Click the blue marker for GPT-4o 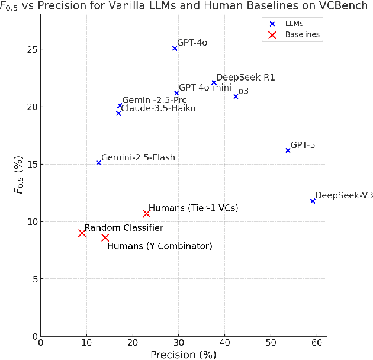tap(175, 48)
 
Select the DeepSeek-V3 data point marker tap(313, 201)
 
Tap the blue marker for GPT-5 tap(288, 150)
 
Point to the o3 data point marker tap(236, 96)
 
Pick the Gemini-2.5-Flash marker tap(98, 162)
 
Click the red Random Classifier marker tap(82, 233)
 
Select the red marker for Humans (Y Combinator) tap(105, 237)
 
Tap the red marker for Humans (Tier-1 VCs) tap(146, 213)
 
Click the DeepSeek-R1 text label tap(245, 78)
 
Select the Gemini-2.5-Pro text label tap(155, 100)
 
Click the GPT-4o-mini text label tap(205, 87)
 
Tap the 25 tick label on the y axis tap(30, 49)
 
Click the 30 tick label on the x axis tap(178, 343)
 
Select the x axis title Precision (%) tap(183, 354)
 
